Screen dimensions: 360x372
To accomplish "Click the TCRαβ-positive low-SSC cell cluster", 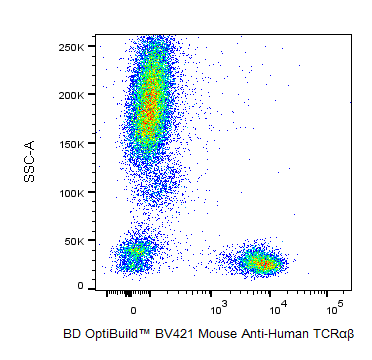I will [x=259, y=262].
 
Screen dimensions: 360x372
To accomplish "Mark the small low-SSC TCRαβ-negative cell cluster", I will [x=135, y=255].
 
